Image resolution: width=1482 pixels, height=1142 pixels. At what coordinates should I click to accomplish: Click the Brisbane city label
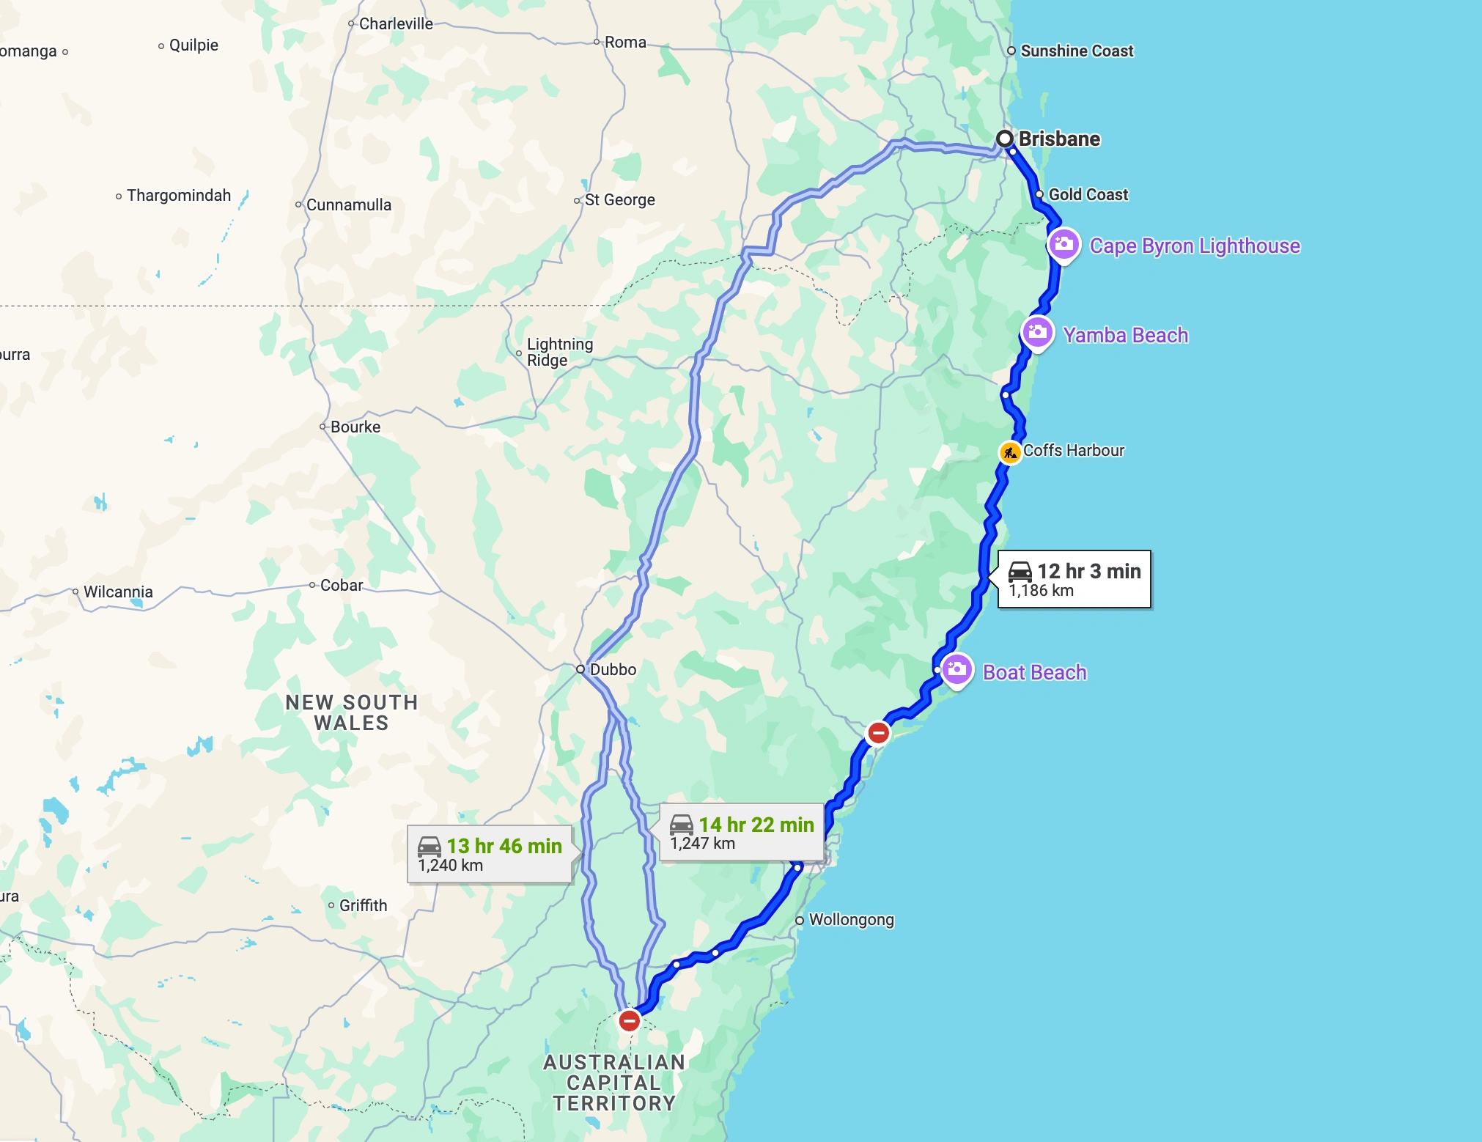click(1059, 139)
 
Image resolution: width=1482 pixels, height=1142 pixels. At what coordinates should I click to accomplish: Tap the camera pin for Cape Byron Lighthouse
click(1064, 244)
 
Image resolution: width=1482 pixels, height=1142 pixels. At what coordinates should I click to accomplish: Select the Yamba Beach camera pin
click(1037, 333)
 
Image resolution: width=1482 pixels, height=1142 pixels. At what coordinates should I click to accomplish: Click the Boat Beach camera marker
click(956, 669)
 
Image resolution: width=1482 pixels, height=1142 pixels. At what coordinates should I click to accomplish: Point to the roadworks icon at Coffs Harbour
click(1010, 452)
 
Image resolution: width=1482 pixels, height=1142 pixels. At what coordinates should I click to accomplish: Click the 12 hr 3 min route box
click(1074, 579)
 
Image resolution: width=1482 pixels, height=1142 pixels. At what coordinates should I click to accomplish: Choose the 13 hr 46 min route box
click(490, 855)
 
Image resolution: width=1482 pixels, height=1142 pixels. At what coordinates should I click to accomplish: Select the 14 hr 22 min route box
click(741, 833)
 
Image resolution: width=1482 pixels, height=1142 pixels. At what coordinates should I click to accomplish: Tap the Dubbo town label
click(613, 669)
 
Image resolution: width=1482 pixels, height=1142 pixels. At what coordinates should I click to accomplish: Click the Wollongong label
click(851, 920)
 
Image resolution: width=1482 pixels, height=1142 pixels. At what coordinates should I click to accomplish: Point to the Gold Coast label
click(1088, 195)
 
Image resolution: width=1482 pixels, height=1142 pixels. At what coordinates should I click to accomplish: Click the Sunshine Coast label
click(1076, 51)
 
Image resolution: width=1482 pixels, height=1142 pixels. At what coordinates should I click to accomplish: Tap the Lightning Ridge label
click(559, 352)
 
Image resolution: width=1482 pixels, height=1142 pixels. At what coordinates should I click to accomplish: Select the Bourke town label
click(355, 427)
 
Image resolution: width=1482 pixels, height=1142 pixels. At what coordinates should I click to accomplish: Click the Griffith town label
click(363, 906)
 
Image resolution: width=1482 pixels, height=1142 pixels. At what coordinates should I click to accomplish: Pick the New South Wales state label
click(352, 712)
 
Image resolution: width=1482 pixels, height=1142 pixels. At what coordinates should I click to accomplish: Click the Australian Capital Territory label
click(614, 1083)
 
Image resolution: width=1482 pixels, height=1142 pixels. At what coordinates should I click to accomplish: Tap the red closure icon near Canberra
click(629, 1020)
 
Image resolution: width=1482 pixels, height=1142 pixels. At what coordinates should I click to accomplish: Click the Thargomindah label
click(178, 196)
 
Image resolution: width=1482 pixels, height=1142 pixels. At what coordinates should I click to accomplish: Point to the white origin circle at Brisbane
click(1005, 139)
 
